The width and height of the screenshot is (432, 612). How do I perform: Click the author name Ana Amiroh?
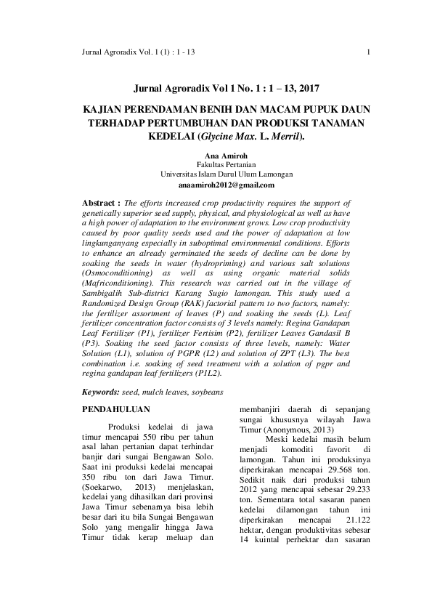(216, 156)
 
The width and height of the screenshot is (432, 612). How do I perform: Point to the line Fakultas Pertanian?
(216, 165)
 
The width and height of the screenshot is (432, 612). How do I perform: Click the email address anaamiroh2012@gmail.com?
(216, 185)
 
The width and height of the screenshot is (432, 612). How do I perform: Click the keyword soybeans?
(203, 392)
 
